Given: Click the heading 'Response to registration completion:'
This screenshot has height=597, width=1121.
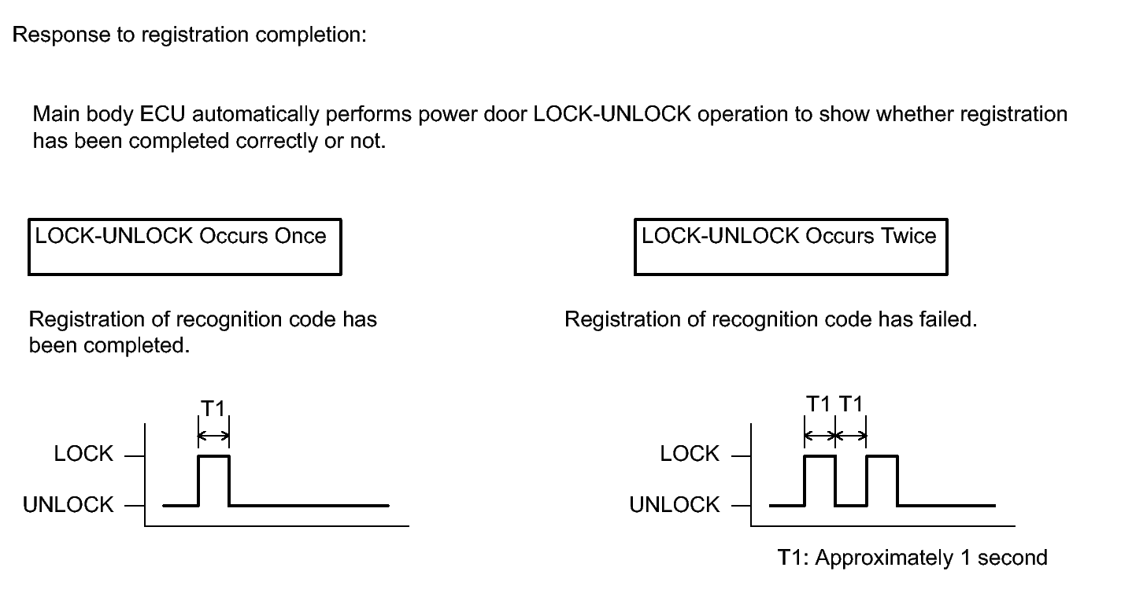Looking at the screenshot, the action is [189, 35].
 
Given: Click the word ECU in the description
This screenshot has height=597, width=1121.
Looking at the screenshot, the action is [162, 114].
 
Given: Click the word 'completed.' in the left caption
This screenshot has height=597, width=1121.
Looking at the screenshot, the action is [137, 345].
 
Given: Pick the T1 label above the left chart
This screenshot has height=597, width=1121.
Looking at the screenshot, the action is [213, 408].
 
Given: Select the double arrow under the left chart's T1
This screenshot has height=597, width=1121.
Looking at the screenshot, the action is [213, 436].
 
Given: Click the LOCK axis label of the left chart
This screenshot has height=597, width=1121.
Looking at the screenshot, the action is [83, 454].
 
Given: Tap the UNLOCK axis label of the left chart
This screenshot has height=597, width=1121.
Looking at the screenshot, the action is [68, 504].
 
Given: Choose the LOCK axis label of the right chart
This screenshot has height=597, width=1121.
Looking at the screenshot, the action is [690, 454].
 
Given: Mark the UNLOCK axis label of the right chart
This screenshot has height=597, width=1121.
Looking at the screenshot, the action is [674, 504].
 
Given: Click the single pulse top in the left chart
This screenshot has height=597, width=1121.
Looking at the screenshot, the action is [213, 456].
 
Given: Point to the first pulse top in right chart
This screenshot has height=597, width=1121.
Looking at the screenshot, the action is [819, 456].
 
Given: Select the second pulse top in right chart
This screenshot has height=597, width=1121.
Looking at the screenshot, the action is [882, 456].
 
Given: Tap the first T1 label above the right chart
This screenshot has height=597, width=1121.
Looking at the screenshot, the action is [818, 404].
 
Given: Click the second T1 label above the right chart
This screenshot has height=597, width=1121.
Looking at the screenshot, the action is [851, 404].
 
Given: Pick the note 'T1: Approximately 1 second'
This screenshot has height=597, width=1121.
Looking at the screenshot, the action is [912, 558].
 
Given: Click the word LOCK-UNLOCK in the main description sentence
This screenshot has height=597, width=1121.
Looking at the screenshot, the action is [612, 114].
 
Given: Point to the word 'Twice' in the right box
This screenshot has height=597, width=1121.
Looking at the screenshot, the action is [908, 235].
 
